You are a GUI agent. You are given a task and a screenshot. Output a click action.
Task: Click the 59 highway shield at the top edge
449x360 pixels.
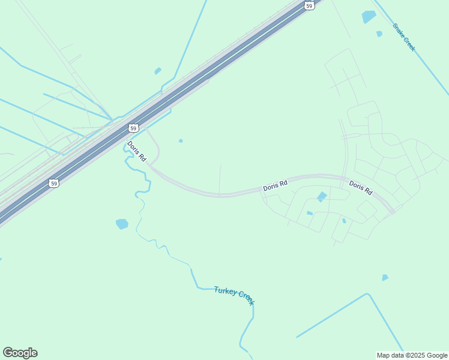[309, 5]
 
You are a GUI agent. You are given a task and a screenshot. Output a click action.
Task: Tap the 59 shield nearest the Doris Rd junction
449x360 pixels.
[133, 128]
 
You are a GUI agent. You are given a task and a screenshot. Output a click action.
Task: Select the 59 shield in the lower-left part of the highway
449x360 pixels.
[54, 183]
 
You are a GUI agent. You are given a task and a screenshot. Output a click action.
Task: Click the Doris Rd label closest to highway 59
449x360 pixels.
[136, 151]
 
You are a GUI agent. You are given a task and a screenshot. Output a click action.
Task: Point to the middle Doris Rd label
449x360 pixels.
[275, 186]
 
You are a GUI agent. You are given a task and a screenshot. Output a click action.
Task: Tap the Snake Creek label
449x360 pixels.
[403, 37]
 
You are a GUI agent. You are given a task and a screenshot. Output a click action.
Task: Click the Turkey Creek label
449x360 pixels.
[234, 295]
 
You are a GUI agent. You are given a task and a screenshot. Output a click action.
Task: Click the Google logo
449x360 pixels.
[20, 353]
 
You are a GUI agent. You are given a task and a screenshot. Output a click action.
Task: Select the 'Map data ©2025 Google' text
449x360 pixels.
[412, 355]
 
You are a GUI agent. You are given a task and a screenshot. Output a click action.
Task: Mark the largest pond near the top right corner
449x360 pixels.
[369, 17]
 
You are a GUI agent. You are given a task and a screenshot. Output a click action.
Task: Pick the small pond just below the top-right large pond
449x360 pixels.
[379, 34]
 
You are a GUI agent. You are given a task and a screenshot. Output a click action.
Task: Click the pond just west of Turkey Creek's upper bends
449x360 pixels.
[122, 224]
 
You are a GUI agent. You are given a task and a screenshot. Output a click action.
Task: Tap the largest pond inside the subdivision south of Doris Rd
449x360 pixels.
[322, 196]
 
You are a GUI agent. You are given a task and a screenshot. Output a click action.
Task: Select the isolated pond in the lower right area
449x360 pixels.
[385, 278]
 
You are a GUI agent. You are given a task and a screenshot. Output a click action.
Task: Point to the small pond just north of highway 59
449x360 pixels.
[158, 71]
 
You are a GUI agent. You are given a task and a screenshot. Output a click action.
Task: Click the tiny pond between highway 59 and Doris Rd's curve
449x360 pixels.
[181, 141]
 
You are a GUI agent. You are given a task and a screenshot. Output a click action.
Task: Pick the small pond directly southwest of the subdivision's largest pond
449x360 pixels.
[309, 213]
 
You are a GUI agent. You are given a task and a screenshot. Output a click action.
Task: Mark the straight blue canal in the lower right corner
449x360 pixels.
[332, 315]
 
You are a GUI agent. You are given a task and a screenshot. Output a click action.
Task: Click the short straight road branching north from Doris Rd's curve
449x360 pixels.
[220, 179]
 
